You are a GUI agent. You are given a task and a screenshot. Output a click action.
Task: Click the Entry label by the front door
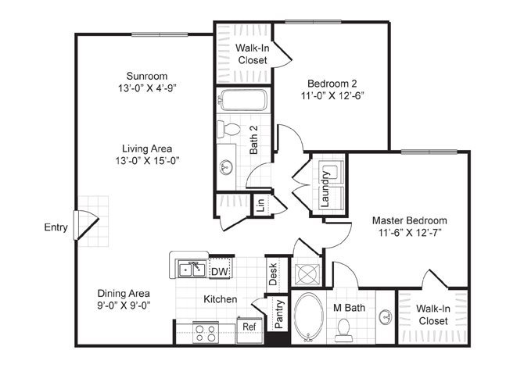coord(56,227)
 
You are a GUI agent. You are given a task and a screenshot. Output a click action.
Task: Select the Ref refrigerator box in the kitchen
coord(249,330)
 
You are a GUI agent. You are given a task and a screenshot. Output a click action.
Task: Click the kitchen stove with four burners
coord(206,333)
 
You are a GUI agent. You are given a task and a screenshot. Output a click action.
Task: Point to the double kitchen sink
coord(192,270)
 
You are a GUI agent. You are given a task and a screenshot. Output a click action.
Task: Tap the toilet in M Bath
coord(344,330)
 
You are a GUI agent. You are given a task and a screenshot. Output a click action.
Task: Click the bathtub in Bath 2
coord(244,99)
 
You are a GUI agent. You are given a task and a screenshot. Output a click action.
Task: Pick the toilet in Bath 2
coord(228,129)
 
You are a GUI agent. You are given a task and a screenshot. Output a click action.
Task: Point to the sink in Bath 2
coord(226,167)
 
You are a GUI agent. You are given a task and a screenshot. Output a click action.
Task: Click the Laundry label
coord(325,188)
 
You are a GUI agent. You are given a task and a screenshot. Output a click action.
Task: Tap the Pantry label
coord(279,314)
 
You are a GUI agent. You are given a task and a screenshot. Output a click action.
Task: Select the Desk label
coord(273,274)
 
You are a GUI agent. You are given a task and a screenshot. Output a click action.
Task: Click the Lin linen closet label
coord(261,205)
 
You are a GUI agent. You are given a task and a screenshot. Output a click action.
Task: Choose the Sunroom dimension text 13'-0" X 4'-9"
coord(147,88)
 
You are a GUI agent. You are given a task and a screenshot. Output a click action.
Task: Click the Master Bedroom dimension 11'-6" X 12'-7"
coord(410,232)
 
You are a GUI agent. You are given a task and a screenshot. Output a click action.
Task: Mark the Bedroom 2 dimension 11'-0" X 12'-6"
coord(332,96)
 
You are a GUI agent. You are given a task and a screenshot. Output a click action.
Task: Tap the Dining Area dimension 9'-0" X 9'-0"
coord(124,305)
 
